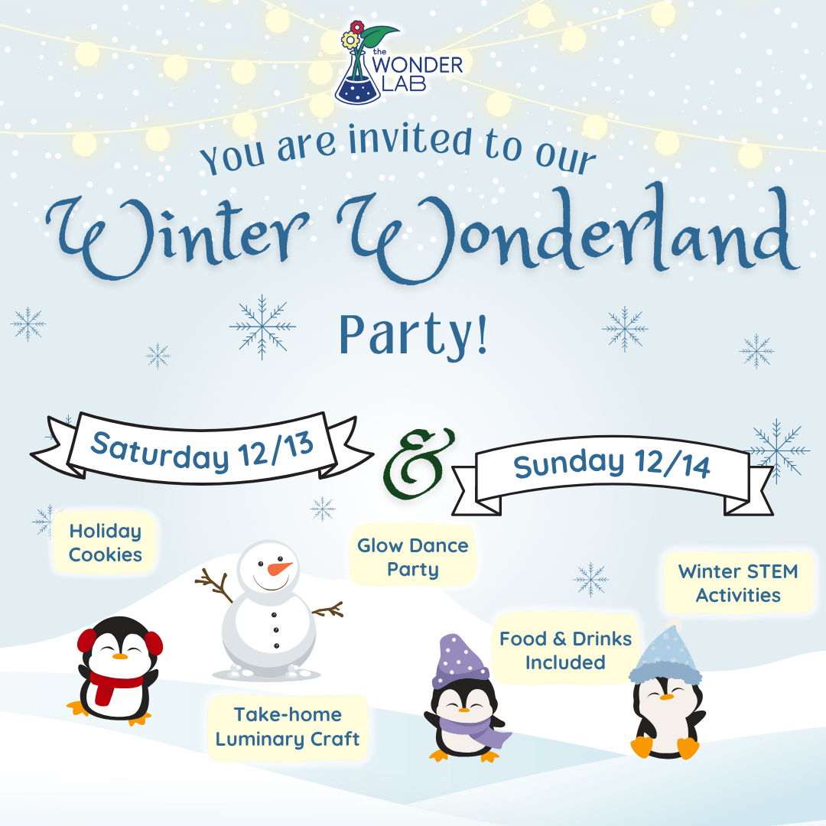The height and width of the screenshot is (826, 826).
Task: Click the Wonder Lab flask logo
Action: [x=398, y=63]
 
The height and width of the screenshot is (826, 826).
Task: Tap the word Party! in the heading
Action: [x=413, y=335]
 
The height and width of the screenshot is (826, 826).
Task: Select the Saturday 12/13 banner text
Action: [x=202, y=451]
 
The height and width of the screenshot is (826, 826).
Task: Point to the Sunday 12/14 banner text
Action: [x=612, y=463]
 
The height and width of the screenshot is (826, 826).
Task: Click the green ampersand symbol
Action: [x=418, y=463]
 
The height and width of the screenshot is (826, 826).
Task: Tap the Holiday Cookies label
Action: [x=106, y=542]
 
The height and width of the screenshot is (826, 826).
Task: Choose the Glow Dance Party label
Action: [x=413, y=557]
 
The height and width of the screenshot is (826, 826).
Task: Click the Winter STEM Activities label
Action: [x=738, y=583]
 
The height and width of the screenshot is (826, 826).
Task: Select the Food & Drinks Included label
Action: [x=565, y=650]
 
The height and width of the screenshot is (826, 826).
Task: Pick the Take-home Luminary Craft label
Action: [x=288, y=727]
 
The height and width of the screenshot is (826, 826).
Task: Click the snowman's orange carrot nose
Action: [x=279, y=569]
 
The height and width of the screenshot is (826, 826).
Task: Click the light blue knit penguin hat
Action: [x=666, y=653]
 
